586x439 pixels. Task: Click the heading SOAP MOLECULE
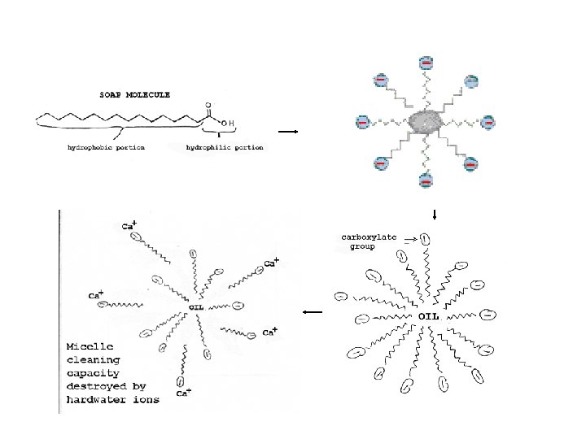coord(135,94)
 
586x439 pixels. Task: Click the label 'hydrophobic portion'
coord(106,148)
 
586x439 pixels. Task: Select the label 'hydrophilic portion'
coord(224,148)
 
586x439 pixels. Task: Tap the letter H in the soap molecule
coord(231,124)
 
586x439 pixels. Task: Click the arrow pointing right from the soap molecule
coord(289,131)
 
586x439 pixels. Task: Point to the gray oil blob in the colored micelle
coord(424,123)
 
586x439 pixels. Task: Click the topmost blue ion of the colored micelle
coord(426,63)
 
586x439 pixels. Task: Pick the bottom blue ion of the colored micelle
coord(426,180)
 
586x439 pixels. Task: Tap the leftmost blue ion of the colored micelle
coord(363,122)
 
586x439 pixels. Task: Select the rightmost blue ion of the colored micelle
coord(488,122)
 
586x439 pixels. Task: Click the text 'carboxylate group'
coord(369,241)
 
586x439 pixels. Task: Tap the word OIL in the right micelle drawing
coord(431,315)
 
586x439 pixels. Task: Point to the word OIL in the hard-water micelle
coord(196,306)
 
